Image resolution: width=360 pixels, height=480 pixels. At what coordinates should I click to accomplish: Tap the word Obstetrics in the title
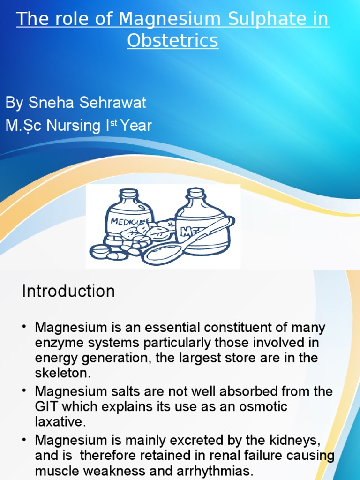click(x=172, y=41)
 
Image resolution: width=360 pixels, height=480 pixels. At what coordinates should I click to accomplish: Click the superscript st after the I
click(x=113, y=123)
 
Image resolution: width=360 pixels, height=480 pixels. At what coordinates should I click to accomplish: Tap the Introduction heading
click(x=68, y=291)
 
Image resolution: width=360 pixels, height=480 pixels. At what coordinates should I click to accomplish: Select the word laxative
click(x=60, y=421)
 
